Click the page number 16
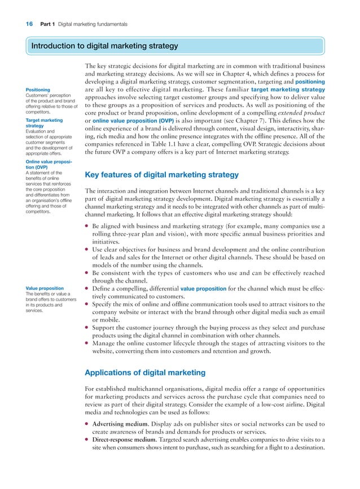tap(29, 24)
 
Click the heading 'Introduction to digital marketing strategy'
tap(104, 46)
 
